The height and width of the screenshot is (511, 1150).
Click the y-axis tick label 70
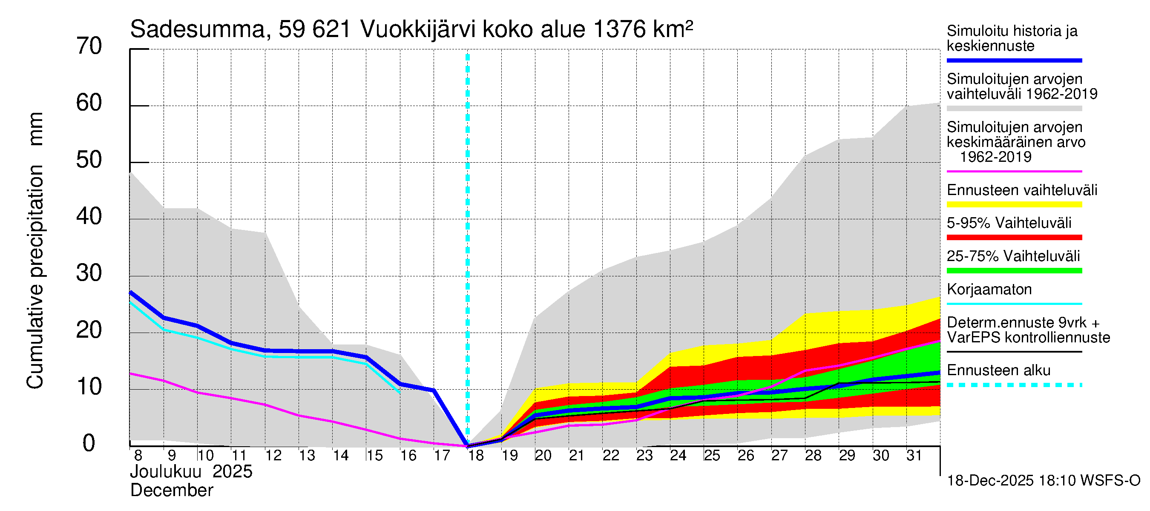click(89, 46)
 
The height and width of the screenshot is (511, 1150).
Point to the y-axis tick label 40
click(89, 216)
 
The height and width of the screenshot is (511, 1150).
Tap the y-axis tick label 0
click(89, 443)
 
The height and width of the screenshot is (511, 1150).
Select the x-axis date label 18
click(476, 456)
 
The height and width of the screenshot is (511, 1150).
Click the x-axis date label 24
click(678, 456)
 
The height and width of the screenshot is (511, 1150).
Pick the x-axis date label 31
click(914, 456)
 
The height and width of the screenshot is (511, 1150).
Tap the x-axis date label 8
click(138, 456)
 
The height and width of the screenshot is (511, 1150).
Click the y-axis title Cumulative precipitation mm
click(35, 250)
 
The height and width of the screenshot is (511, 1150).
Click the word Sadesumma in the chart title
click(197, 29)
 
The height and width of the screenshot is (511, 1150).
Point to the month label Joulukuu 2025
click(191, 472)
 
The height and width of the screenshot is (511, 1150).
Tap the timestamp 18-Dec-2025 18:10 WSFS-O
click(1043, 481)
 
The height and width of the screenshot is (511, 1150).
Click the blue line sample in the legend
click(1014, 60)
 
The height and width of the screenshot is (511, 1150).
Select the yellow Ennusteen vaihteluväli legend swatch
click(1014, 205)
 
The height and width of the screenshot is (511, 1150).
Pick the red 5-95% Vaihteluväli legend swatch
click(1014, 238)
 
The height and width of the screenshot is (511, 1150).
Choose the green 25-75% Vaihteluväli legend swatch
click(1014, 271)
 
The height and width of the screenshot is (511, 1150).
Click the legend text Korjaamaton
click(989, 290)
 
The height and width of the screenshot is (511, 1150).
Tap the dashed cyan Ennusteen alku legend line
click(1014, 385)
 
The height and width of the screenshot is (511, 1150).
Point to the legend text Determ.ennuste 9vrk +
click(1023, 323)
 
